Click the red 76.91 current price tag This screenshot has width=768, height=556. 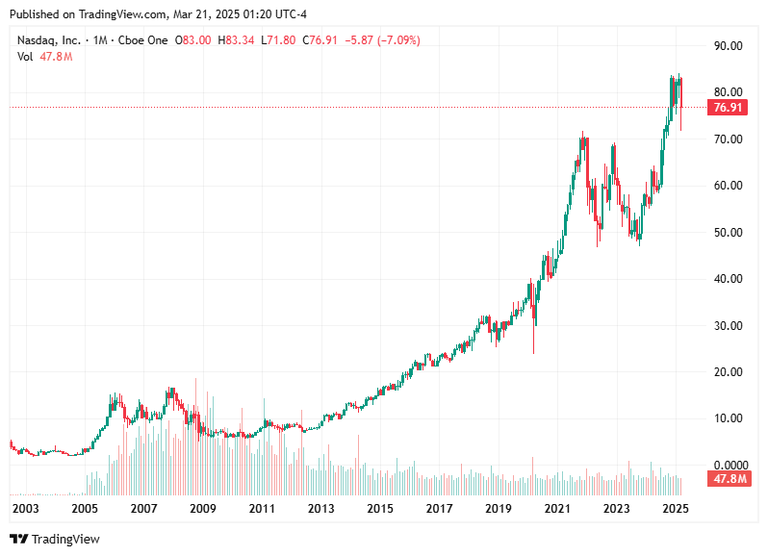point(727,108)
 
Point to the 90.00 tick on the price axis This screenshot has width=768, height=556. point(727,45)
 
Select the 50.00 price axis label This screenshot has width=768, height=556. point(727,232)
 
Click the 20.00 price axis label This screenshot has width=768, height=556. point(727,371)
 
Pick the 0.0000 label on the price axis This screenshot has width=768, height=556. point(727,465)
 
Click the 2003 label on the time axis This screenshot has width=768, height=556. point(25,508)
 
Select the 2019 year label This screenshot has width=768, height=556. point(498,508)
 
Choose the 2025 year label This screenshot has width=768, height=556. point(676,508)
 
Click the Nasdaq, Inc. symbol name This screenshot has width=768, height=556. point(48,40)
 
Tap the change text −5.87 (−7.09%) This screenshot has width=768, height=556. point(382,40)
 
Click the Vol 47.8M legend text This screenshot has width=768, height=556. point(44,57)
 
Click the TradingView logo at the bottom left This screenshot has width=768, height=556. point(55,540)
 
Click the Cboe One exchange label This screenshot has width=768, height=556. point(141,40)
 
